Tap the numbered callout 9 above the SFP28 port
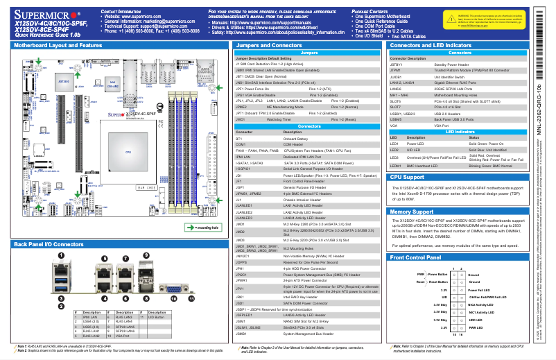tap(146, 255)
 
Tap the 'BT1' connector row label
tap(240, 119)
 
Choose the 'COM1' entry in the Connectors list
tap(241, 124)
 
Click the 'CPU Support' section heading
tap(412, 176)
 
